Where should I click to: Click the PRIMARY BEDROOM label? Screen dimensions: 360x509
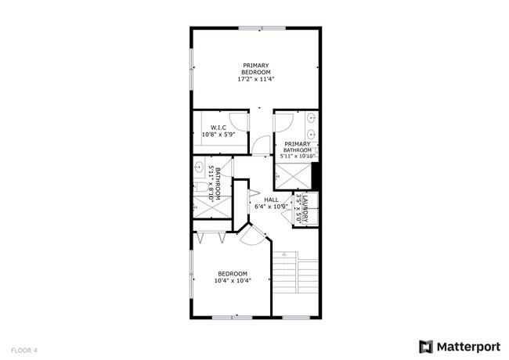pos(255,68)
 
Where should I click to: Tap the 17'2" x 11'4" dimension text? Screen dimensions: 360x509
pos(255,79)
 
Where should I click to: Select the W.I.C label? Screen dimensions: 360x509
pos(218,128)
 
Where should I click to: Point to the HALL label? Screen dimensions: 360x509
pos(271,200)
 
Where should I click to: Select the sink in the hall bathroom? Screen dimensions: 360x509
pos(199,169)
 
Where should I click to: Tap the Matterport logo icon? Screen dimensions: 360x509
pos(426,346)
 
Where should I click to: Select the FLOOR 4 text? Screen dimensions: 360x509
pos(24,350)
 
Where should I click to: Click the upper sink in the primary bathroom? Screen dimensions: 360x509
pos(312,119)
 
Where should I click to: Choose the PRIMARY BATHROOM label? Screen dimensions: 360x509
pos(298,146)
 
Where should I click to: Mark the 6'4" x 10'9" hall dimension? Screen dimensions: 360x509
pos(271,207)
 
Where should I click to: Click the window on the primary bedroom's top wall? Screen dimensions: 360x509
pos(262,28)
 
